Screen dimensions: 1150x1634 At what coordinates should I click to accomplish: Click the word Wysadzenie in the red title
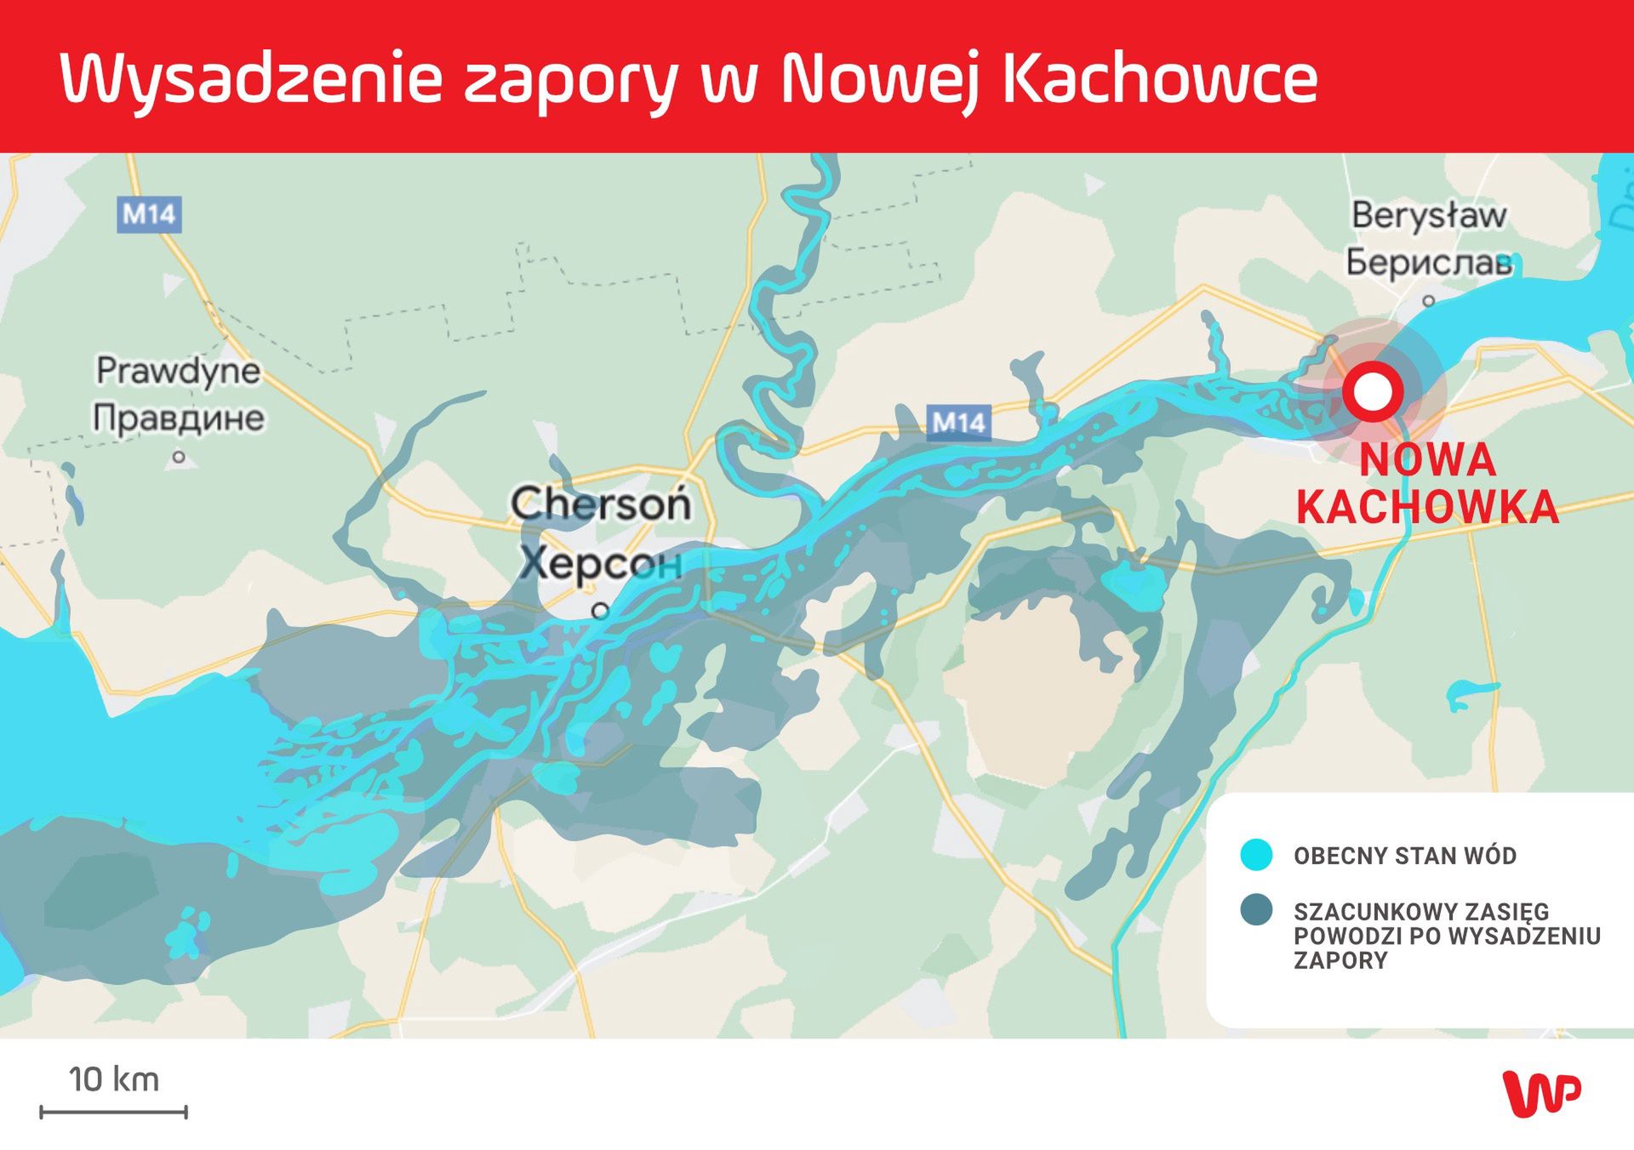(x=252, y=79)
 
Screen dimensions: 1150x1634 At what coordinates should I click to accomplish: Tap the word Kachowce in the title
(x=1160, y=79)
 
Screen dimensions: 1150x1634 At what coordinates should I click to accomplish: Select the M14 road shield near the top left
(x=149, y=214)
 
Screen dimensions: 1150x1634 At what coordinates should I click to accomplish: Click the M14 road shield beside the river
(x=959, y=423)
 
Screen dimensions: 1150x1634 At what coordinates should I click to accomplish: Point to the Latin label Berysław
(x=1429, y=215)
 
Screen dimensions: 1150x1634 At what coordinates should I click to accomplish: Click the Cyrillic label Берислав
(x=1429, y=263)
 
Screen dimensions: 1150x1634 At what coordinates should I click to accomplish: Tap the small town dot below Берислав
(x=1429, y=300)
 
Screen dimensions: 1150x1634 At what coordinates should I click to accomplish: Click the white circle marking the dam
(x=1373, y=392)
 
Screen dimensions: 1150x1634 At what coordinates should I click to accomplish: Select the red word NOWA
(x=1427, y=460)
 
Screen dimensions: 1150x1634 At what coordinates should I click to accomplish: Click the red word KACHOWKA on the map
(x=1427, y=508)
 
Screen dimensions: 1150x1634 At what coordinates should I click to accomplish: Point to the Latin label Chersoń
(x=601, y=504)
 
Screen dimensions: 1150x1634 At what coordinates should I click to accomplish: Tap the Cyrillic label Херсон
(x=601, y=561)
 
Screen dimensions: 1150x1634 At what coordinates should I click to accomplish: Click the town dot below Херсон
(x=601, y=611)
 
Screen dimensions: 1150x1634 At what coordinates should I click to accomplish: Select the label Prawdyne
(x=179, y=371)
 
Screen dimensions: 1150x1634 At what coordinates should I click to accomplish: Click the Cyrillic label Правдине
(x=179, y=418)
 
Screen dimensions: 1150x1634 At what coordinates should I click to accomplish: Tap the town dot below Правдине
(x=179, y=457)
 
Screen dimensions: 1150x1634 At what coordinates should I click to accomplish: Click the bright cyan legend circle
(x=1256, y=855)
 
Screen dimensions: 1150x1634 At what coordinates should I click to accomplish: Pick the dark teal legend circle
(x=1256, y=909)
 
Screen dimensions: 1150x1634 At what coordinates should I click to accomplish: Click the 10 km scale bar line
(x=113, y=1112)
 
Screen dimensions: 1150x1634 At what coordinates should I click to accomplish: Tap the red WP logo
(x=1541, y=1093)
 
